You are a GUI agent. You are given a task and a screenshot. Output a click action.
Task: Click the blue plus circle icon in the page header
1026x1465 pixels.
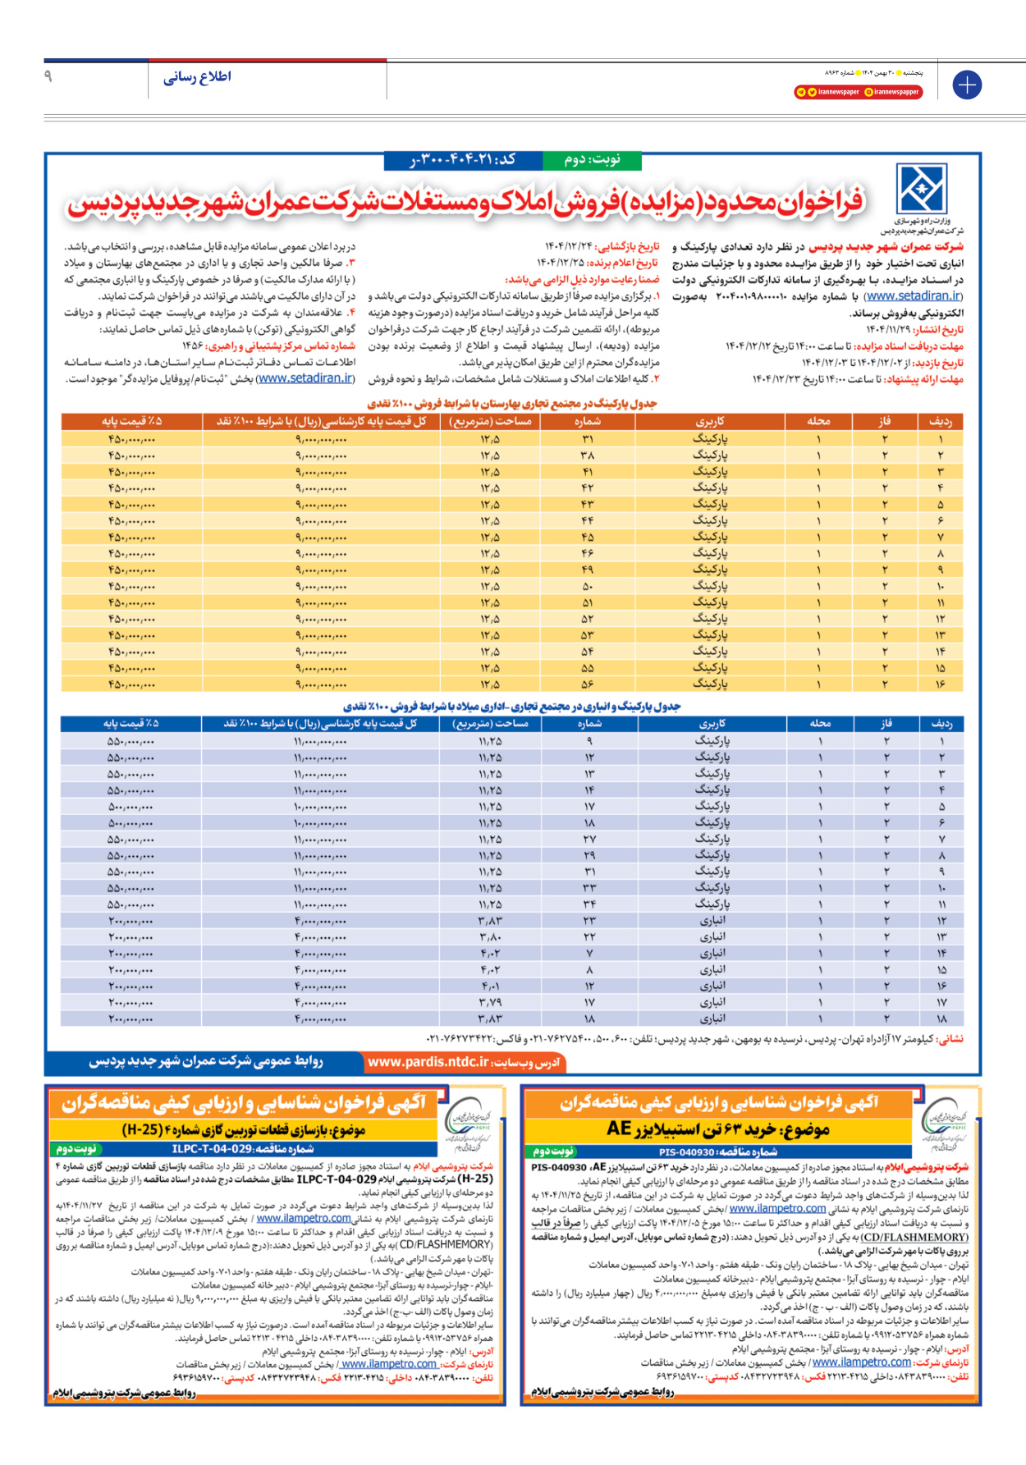pos(967,85)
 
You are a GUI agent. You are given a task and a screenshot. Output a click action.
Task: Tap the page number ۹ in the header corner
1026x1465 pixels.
pos(48,76)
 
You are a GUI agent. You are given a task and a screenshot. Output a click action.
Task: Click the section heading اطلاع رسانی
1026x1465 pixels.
pos(197,77)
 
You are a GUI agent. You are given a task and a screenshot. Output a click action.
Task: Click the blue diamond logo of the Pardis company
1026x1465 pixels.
pos(922,189)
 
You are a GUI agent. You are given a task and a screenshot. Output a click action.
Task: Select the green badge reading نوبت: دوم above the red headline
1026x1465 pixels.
pos(592,159)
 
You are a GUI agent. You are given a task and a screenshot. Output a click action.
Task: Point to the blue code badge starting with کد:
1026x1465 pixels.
pos(464,159)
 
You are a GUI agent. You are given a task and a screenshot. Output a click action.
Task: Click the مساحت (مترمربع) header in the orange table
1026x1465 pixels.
pos(491,422)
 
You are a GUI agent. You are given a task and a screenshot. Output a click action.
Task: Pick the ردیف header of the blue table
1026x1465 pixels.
pos(941,724)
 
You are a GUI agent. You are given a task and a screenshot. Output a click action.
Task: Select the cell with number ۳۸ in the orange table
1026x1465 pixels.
pos(588,456)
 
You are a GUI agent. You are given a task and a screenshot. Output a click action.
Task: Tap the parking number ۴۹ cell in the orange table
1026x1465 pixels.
pos(588,570)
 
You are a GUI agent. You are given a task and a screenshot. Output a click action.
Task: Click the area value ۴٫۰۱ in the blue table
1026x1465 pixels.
pos(491,987)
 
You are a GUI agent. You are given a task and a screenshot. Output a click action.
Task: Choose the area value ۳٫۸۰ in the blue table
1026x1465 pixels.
pos(491,937)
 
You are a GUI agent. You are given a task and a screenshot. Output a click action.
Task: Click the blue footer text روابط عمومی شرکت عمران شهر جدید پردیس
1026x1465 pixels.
pos(206,1062)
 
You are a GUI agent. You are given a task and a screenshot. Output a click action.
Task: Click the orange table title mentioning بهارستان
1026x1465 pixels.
pos(511,404)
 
